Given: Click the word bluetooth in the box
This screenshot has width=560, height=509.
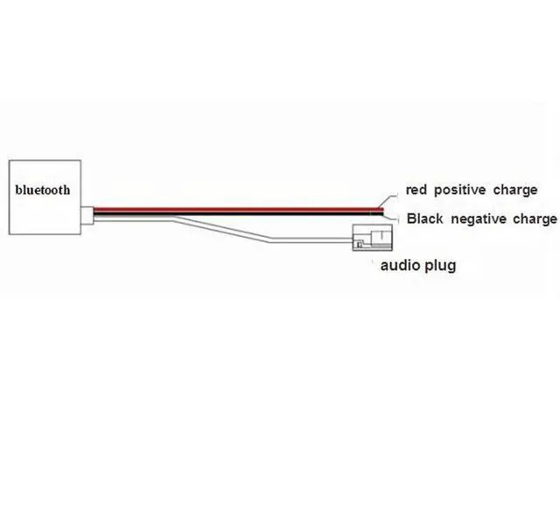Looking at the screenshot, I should pos(43,188).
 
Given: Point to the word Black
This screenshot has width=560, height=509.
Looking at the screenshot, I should pos(425,218).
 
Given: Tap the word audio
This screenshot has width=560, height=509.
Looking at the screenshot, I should pos(399,264).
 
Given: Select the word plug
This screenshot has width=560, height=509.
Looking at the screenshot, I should pos(440,265).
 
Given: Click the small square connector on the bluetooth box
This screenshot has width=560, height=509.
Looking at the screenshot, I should pos(87,215).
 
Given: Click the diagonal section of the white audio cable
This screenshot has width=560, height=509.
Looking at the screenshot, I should pos(227,229).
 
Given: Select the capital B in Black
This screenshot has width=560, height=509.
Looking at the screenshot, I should pos(410,218).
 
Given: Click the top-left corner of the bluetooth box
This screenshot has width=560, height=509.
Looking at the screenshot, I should pos(7,159).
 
